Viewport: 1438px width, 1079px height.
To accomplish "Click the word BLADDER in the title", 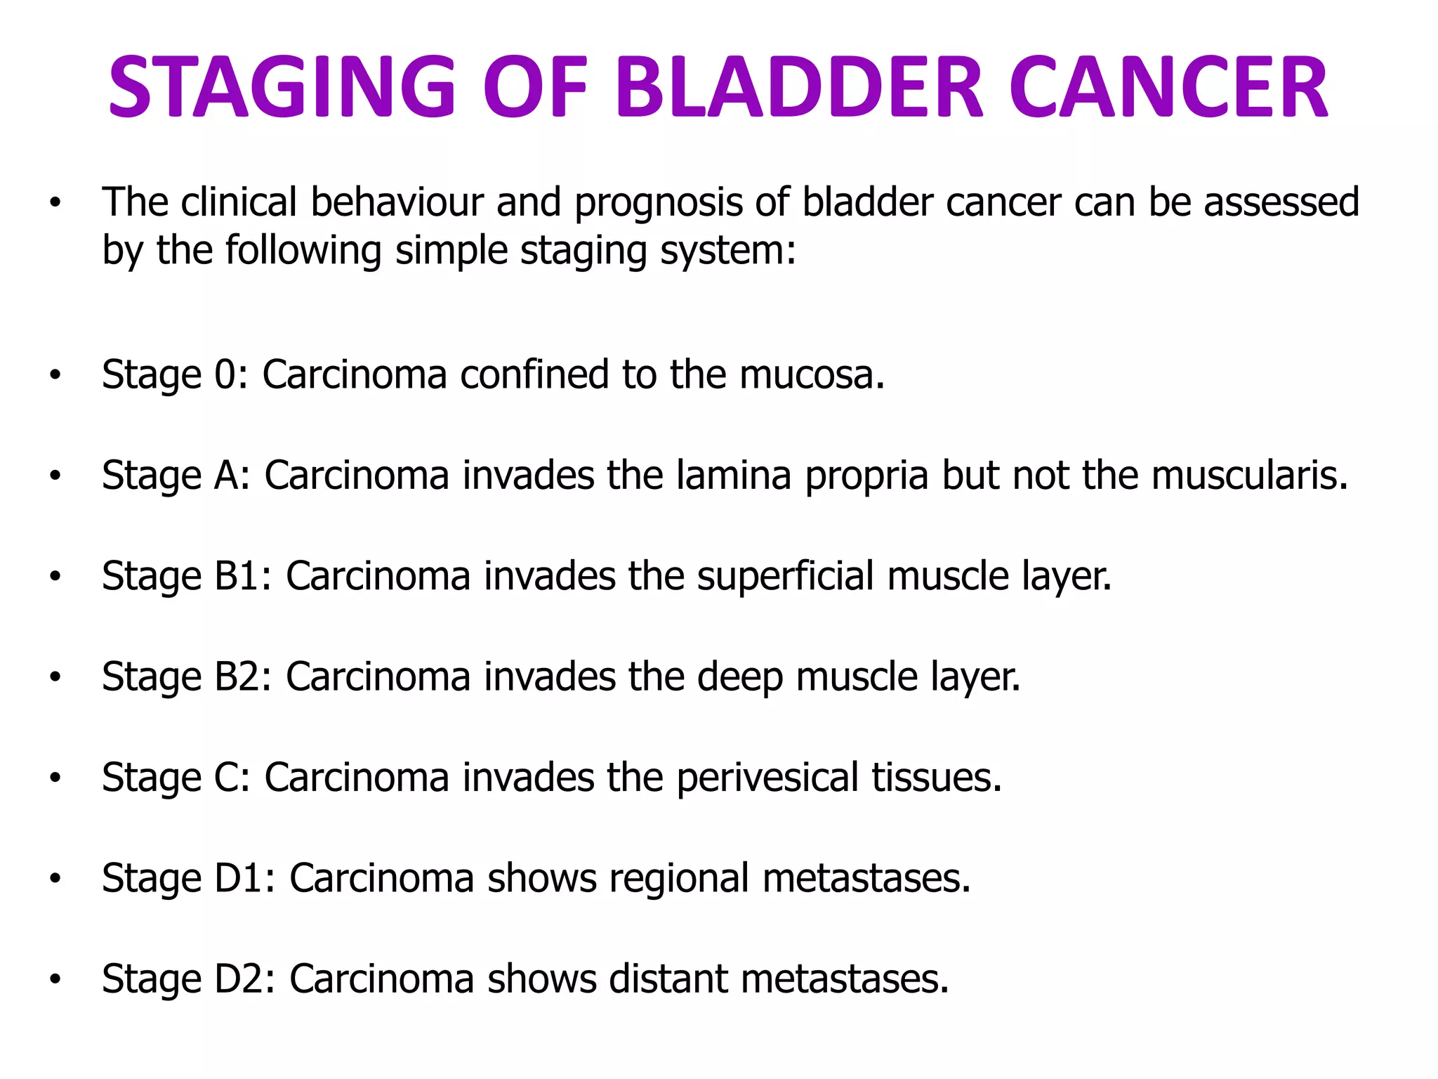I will coord(799,87).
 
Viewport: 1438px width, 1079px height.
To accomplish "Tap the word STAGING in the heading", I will coord(282,87).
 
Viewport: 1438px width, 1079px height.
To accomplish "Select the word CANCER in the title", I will coord(1168,87).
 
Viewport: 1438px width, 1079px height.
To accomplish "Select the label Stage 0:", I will coord(175,374).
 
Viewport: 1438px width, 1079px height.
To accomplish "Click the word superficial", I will coord(786,577).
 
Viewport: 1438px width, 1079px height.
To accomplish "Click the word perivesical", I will coord(767,778).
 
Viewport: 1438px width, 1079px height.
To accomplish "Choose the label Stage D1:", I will coord(189,879).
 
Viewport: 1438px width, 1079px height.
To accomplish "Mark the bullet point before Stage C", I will coord(55,778).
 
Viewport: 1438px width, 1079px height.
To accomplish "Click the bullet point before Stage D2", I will coord(55,979).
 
